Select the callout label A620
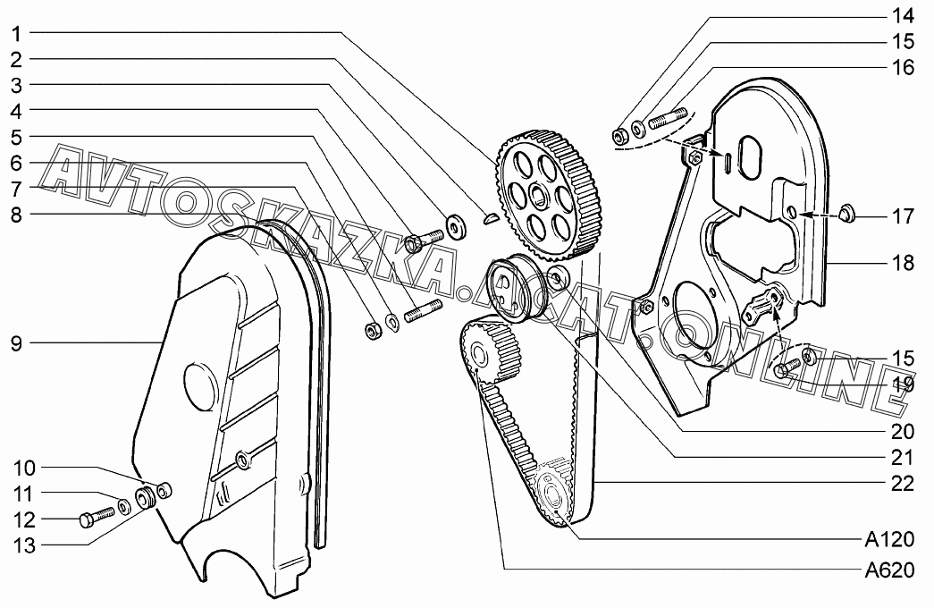888,570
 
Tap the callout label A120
888,539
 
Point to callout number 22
903,484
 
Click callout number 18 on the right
903,263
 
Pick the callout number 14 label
903,15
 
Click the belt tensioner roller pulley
510,287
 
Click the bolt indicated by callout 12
94,518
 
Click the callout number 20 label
903,430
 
